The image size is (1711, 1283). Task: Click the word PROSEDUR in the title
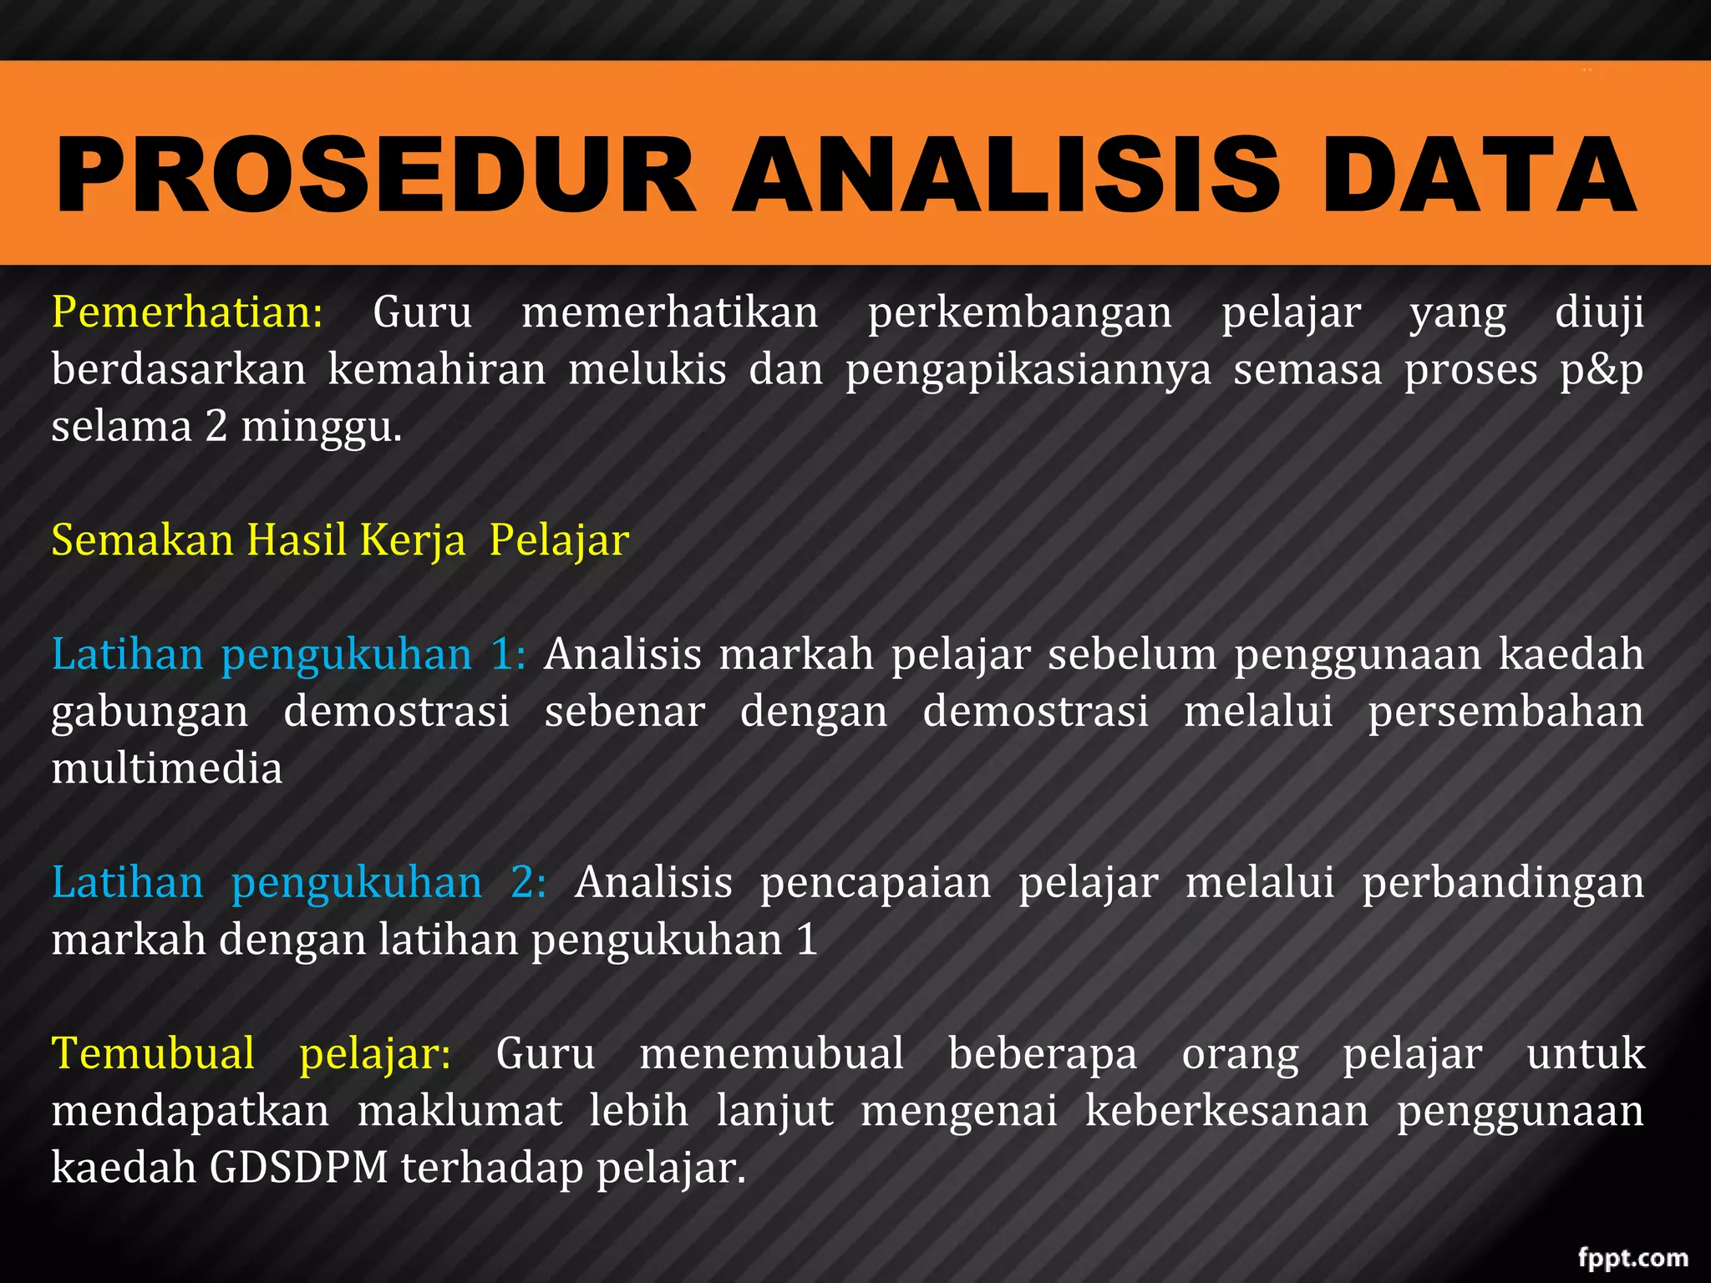pos(376,175)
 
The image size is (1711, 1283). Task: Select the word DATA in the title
pos(1479,175)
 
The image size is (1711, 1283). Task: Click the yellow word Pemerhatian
pos(186,312)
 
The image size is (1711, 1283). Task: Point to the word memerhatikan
pos(669,312)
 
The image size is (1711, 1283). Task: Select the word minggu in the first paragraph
pos(322,427)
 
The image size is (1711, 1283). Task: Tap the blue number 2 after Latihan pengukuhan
pos(528,883)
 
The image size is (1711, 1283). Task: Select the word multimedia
pos(167,768)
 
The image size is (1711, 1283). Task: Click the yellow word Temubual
pos(154,1053)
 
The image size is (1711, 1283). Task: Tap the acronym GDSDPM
pos(298,1168)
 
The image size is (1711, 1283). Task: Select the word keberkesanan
pos(1226,1111)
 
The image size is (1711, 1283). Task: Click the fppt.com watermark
pos(1632,1257)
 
